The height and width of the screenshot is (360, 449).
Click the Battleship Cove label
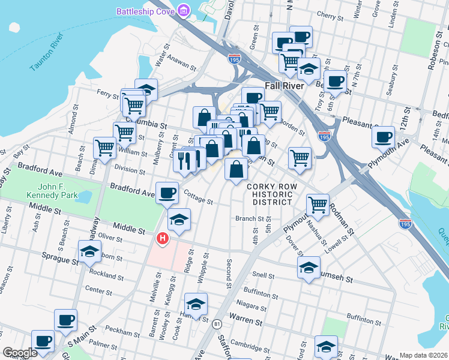pos(145,11)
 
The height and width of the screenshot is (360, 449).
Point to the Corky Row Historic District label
pos(270,194)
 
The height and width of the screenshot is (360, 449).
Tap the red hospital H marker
pos(161,239)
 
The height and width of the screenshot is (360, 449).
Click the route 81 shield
pos(216,324)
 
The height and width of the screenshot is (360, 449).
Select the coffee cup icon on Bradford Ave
pos(167,193)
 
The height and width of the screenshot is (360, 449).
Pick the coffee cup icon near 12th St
pos(382,136)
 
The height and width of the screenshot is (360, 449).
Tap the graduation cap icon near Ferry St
pos(146,89)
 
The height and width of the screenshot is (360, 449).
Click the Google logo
pos(20,353)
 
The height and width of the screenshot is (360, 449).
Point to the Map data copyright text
pos(423,355)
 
